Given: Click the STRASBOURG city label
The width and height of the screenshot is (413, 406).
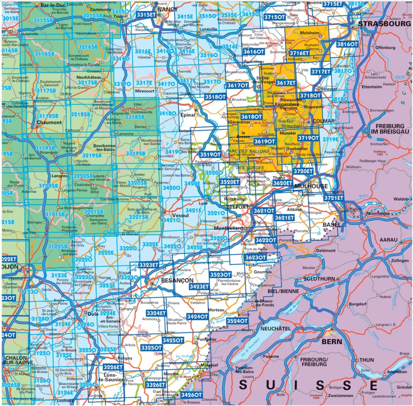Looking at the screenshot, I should [x=384, y=24].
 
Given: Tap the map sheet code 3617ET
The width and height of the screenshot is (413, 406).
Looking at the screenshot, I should [x=286, y=83].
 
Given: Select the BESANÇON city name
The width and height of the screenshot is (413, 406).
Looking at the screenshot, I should [x=177, y=280].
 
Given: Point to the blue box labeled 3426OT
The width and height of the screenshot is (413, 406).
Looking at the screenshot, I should [x=191, y=395].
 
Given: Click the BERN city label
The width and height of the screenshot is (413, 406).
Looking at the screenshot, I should [x=332, y=342].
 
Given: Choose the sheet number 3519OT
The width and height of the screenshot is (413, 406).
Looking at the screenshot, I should [x=210, y=155].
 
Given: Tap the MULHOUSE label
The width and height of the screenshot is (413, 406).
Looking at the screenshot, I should [x=311, y=186].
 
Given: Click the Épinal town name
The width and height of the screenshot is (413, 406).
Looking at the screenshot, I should [x=188, y=115].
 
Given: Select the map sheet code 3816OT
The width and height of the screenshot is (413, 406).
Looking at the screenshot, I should [x=347, y=44].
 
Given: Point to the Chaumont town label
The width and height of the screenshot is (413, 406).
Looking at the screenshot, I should [x=49, y=122].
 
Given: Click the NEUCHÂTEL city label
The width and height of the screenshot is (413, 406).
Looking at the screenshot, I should [x=276, y=329].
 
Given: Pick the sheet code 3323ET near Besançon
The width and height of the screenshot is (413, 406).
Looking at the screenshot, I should [x=149, y=265].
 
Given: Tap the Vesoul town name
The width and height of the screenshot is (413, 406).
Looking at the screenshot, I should [x=180, y=216].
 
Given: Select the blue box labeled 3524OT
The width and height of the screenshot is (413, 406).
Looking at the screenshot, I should [x=237, y=321].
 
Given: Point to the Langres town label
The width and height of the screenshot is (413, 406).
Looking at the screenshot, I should [x=59, y=176].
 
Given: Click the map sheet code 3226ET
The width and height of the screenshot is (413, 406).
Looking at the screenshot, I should [x=113, y=367].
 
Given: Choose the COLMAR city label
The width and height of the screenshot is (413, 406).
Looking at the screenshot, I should [x=324, y=121].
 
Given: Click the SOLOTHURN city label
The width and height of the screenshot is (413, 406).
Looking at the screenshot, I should [x=319, y=279].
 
